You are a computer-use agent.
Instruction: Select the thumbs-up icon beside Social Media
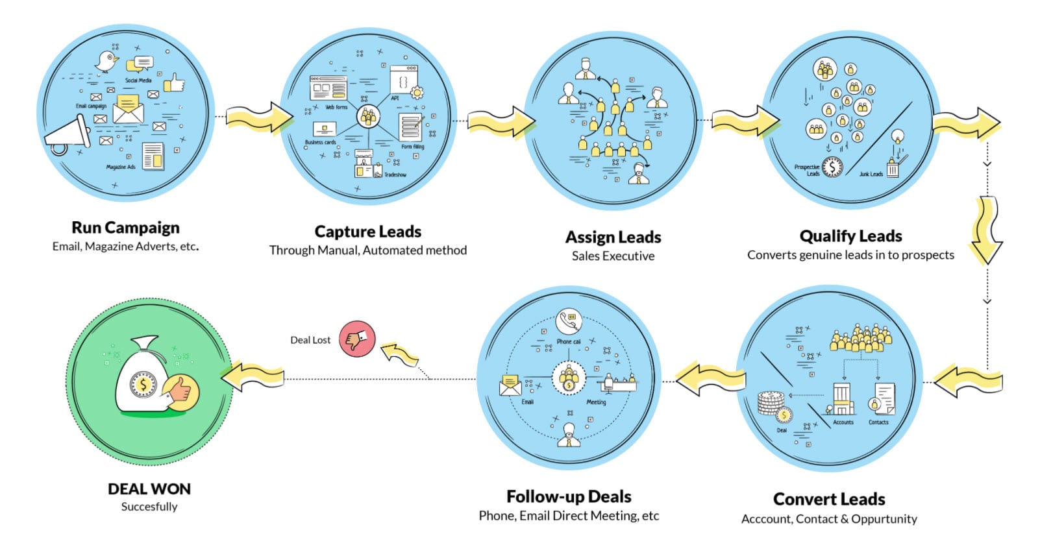175,83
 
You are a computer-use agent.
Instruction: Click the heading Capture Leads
367,232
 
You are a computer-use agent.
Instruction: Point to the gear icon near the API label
417,92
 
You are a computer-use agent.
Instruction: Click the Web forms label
336,107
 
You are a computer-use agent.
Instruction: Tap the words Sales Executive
613,256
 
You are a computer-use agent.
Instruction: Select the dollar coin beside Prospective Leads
832,167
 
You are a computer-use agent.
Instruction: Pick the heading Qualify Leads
850,236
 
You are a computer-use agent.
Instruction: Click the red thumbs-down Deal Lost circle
357,339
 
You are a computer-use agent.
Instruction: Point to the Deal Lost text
310,340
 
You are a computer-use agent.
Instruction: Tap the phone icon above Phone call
569,321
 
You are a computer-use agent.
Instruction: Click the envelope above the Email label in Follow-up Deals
510,385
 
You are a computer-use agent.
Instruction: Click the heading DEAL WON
149,489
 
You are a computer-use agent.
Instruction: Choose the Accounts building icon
842,399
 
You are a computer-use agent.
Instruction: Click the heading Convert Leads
829,499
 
